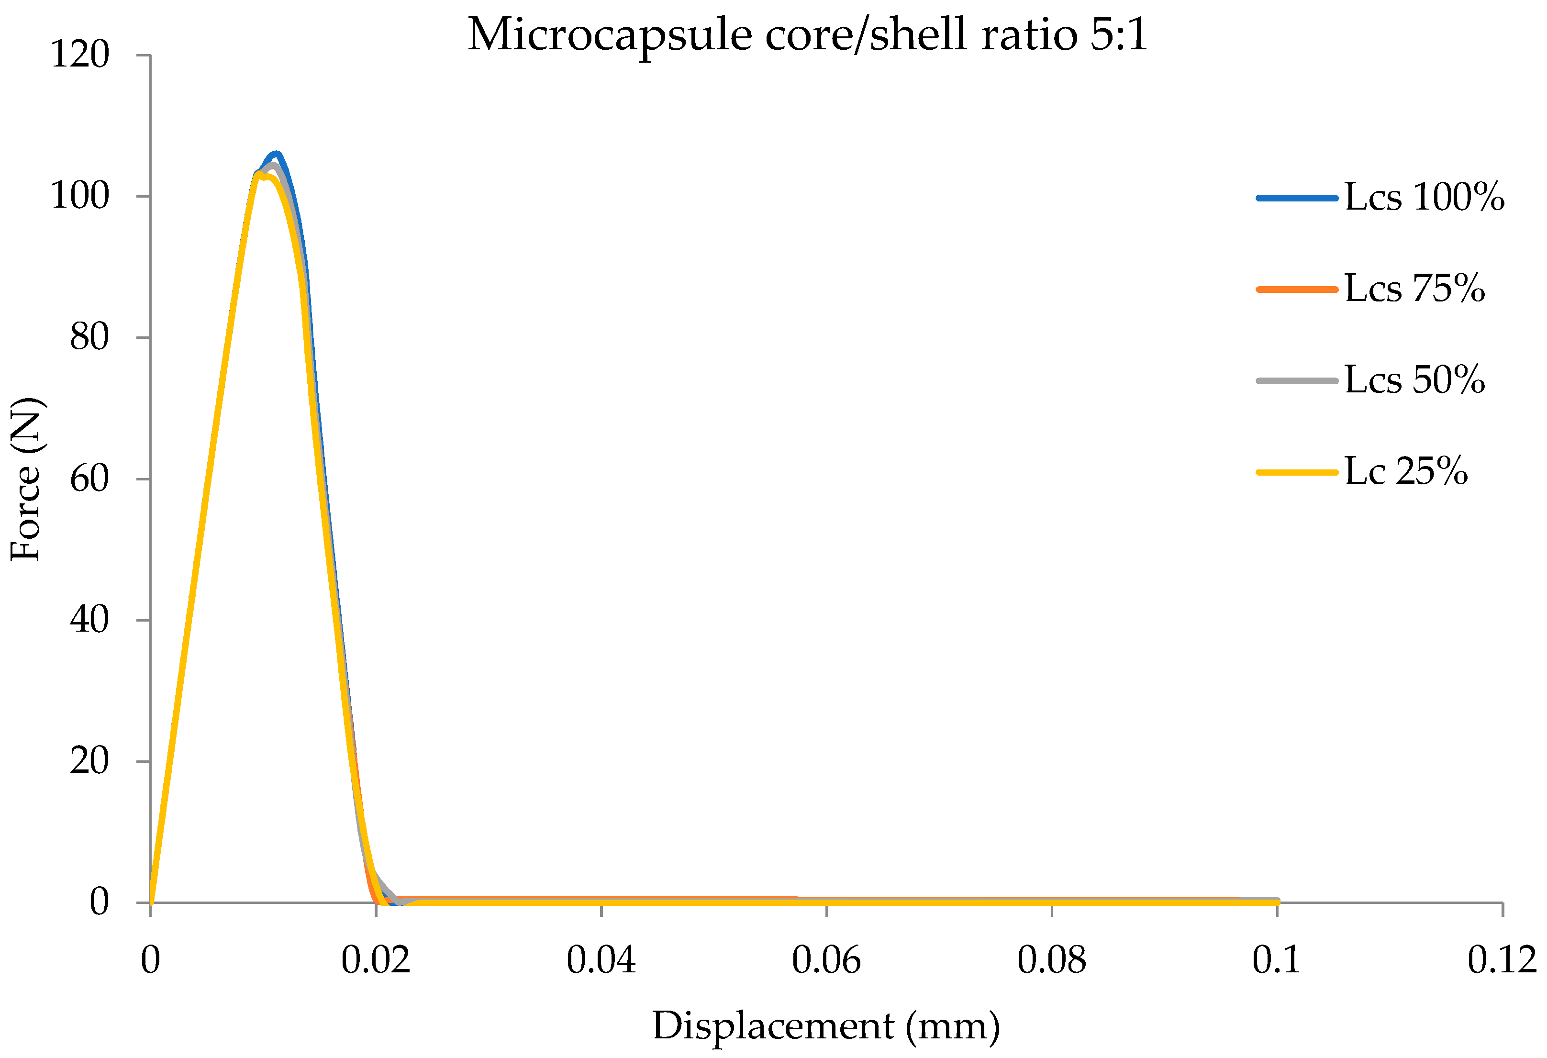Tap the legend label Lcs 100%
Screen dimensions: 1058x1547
coord(1424,198)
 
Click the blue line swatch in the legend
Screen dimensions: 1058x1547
coord(1297,198)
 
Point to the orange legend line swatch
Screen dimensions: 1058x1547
coord(1297,289)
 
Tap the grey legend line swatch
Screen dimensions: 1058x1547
coord(1297,380)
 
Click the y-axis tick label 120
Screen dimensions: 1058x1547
coord(80,55)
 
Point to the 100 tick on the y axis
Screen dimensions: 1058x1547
coord(80,196)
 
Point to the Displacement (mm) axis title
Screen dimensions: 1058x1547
coord(826,1026)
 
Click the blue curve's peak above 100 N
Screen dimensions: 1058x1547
coord(276,155)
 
